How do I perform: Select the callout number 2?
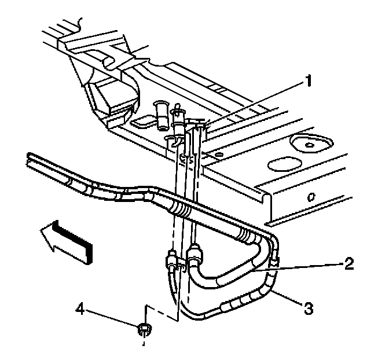[x=348, y=264]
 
